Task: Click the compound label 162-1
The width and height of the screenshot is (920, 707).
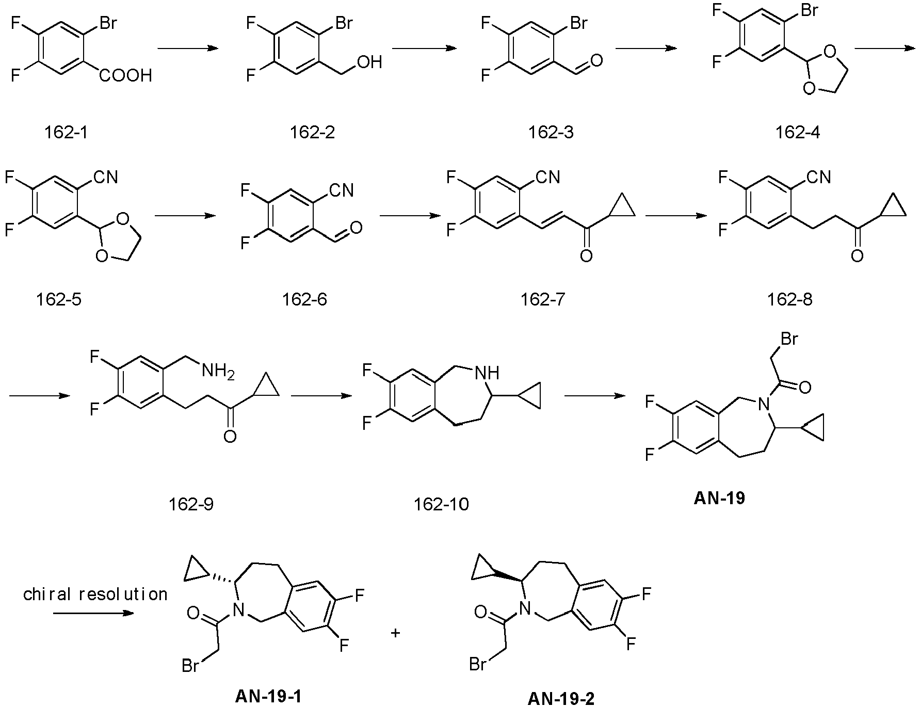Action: (x=66, y=132)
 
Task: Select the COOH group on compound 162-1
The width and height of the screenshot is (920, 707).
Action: (x=126, y=76)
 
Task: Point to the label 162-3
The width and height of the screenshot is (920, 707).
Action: (x=551, y=132)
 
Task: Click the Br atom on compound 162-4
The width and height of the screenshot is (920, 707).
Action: (x=808, y=10)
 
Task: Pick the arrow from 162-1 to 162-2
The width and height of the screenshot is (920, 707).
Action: (x=188, y=49)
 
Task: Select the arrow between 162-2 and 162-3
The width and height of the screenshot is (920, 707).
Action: (x=425, y=49)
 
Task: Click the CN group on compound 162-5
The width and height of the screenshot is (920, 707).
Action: (x=106, y=178)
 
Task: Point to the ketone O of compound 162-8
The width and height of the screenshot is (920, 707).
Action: (x=857, y=255)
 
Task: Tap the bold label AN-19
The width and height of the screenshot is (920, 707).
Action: (x=719, y=498)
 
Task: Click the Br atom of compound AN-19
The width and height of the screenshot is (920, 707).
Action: (x=790, y=339)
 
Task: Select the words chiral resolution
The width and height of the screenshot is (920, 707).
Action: (x=95, y=594)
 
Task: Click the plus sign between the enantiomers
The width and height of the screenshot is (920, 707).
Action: (x=396, y=633)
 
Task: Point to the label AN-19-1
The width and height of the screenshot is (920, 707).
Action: (x=268, y=697)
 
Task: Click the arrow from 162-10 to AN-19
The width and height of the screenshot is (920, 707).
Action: (x=595, y=396)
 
